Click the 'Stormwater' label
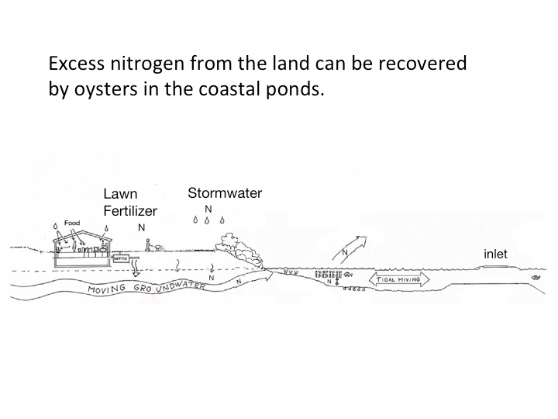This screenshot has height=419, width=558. click(x=225, y=193)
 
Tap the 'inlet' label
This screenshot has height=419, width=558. click(x=495, y=253)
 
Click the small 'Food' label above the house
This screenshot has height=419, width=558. click(x=72, y=223)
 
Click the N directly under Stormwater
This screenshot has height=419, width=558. click(x=208, y=209)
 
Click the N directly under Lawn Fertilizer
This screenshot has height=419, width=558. click(x=140, y=228)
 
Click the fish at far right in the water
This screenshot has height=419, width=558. click(x=535, y=277)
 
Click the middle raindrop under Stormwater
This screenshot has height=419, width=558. click(x=208, y=220)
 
